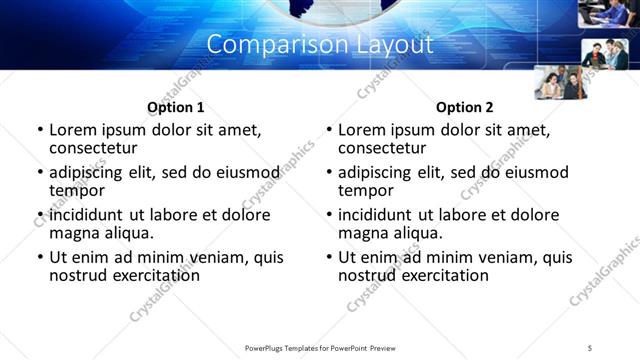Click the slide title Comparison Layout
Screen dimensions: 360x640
(320, 45)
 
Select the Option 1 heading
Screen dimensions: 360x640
(175, 107)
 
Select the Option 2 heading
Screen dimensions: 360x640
(464, 107)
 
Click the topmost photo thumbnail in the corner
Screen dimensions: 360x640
(607, 13)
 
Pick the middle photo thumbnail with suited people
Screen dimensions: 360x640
(604, 53)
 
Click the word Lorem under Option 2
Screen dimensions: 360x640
(361, 130)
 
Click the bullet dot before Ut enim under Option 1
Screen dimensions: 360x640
(39, 257)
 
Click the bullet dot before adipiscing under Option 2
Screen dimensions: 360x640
(328, 172)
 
